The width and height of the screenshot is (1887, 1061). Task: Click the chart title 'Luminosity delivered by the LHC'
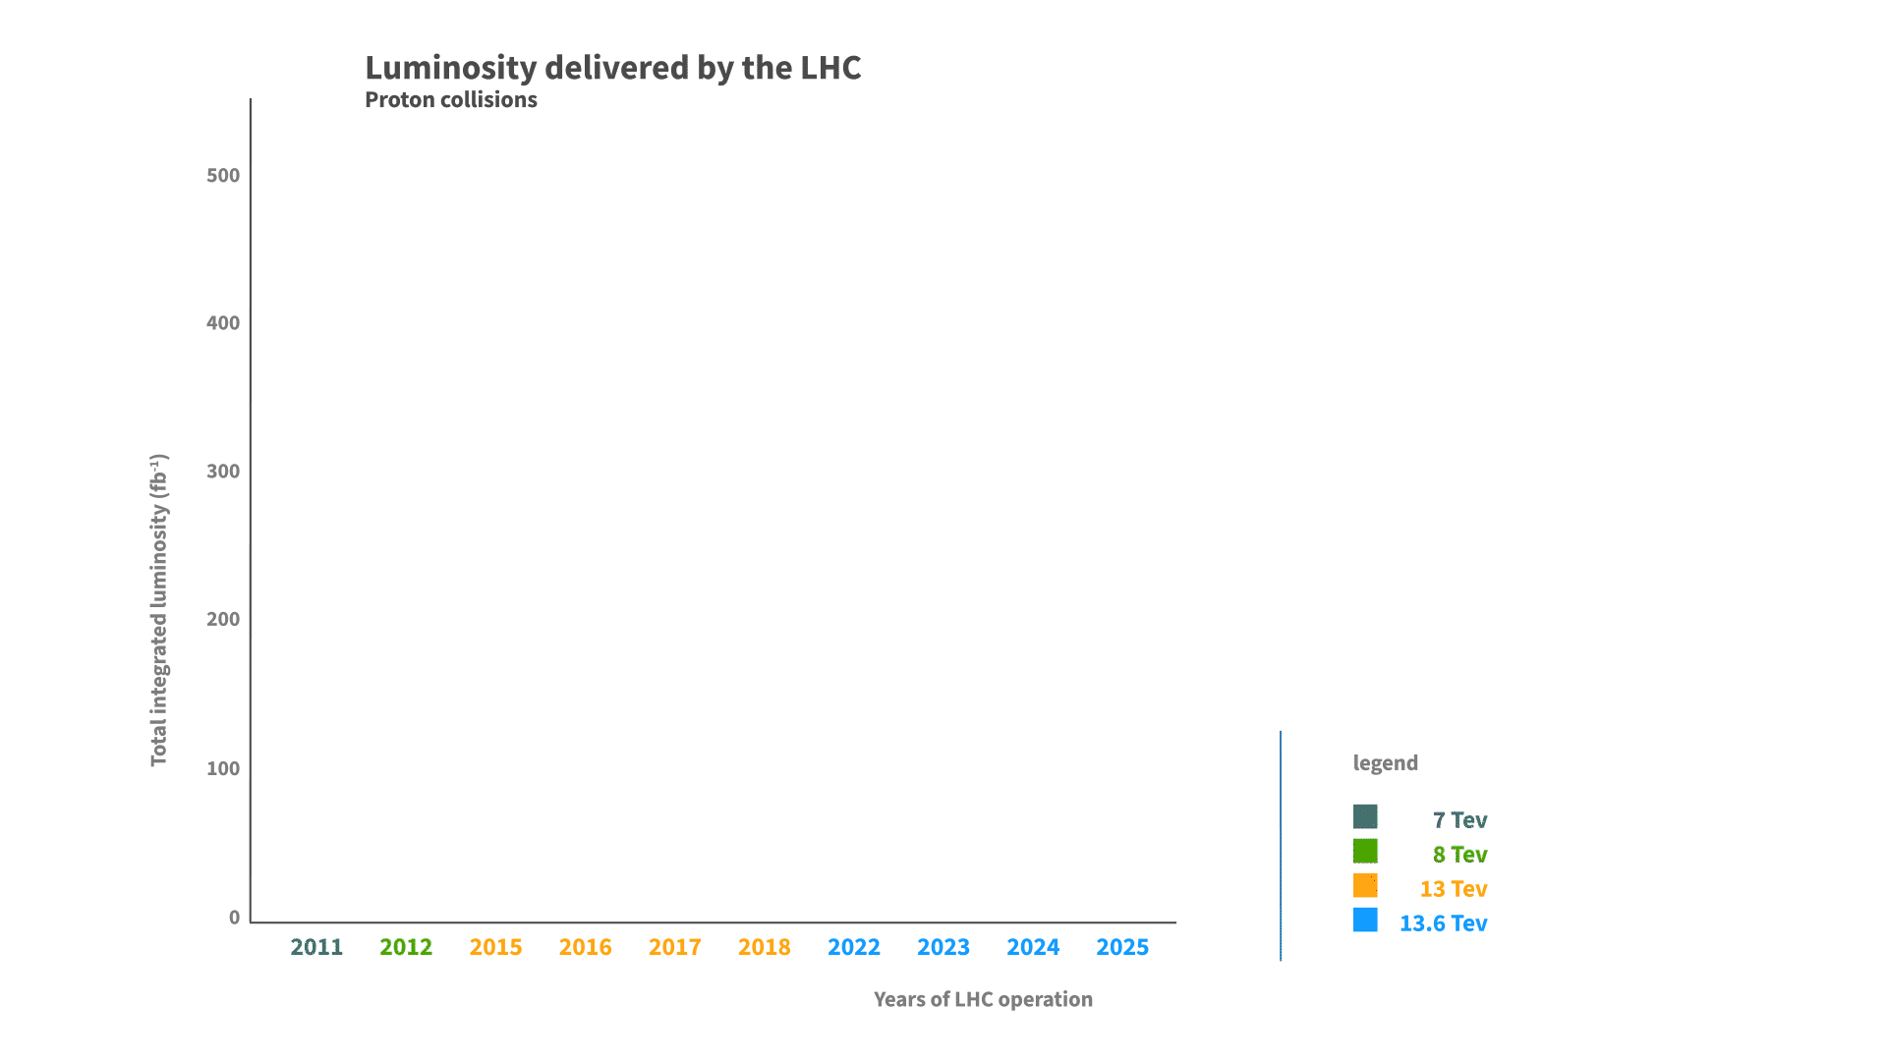pos(612,68)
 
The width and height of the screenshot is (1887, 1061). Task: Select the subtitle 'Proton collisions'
pos(450,100)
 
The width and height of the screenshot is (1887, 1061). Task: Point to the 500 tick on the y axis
pos(223,176)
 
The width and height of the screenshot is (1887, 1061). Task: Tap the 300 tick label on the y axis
pos(223,472)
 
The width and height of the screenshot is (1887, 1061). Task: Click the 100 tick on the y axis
pos(223,768)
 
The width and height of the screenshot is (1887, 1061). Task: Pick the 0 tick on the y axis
pos(234,918)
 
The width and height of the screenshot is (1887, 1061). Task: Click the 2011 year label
pos(316,947)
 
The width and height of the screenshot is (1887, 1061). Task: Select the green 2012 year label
pos(406,947)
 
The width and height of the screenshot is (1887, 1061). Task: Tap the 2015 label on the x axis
pos(495,947)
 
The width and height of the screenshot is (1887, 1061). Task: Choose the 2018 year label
pos(764,947)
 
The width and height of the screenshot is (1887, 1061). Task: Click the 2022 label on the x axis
pos(853,947)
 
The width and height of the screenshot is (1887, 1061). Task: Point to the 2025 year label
pos(1122,947)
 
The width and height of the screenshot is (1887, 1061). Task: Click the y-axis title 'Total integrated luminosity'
pos(159,610)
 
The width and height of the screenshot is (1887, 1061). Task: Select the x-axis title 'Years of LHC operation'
pos(983,999)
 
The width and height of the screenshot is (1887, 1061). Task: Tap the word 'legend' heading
pos(1385,763)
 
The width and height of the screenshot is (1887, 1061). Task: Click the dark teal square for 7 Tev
pos(1365,816)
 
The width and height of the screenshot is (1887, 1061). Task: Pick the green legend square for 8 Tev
pos(1365,851)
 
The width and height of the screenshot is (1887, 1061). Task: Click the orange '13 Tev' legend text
pos(1453,889)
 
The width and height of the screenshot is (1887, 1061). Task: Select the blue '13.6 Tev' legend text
pos(1443,923)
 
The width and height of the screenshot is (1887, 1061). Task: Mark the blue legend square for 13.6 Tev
pos(1365,920)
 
